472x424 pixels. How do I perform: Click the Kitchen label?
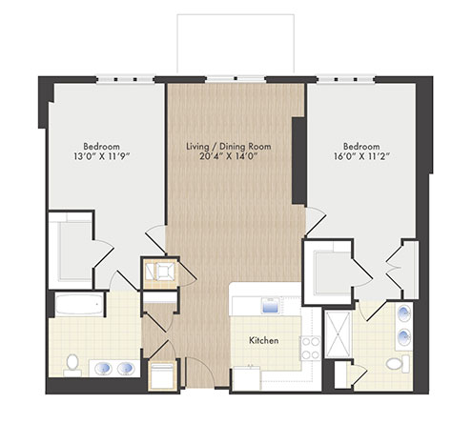coord(264,340)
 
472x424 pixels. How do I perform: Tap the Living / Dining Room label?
coord(229,147)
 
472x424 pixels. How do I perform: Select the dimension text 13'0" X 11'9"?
coord(102,156)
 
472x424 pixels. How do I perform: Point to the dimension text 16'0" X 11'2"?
coord(361,156)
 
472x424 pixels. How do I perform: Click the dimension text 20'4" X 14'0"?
coord(229,156)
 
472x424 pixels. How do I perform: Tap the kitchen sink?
coord(271,306)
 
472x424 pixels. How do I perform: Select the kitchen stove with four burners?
coord(311,349)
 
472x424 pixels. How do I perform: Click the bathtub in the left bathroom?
coord(79,304)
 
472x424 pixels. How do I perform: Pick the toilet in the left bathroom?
coord(72,365)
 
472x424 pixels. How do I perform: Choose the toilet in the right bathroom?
coord(398,364)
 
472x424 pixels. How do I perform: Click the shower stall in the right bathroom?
coord(339,334)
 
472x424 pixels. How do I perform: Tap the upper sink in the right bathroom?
coord(403,313)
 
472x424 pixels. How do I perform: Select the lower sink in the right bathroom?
coord(403,336)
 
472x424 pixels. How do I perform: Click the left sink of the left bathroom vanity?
coord(103,369)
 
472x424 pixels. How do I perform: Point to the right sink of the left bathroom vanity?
coord(126,369)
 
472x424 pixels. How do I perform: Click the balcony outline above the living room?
coord(236,14)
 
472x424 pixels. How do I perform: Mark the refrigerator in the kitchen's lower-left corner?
coord(246,378)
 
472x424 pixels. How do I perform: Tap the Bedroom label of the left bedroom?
coord(102,147)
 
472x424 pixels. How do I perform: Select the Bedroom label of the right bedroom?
coord(361,147)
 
